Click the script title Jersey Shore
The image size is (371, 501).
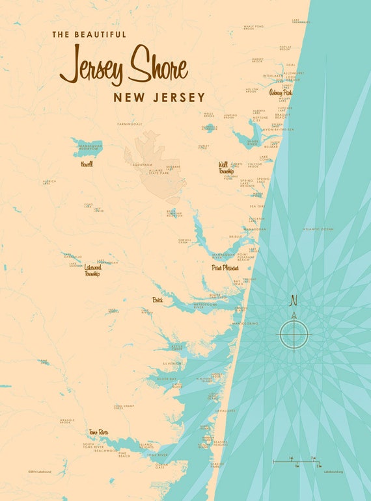(124, 66)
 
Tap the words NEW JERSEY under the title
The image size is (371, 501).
(159, 97)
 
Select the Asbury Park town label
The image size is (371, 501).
(281, 93)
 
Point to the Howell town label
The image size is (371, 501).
(86, 164)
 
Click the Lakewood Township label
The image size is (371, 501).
(92, 270)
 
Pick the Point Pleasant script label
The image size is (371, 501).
(225, 267)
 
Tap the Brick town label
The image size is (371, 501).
(158, 300)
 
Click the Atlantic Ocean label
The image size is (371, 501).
(318, 229)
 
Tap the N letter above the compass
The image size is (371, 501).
(294, 300)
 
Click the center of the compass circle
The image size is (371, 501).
(294, 335)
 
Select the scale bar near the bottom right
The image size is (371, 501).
(296, 462)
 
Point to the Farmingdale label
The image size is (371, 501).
(129, 123)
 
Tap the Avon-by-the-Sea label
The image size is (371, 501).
(281, 130)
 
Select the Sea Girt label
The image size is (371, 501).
(257, 206)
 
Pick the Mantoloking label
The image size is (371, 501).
(246, 322)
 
